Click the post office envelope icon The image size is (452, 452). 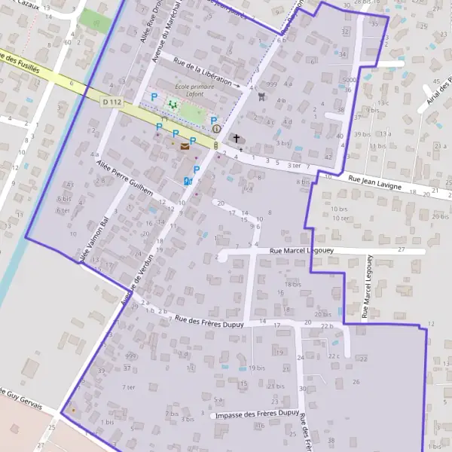click(185, 147)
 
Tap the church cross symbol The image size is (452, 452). click(237, 139)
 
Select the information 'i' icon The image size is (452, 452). click(216, 129)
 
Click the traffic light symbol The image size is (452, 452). click(216, 145)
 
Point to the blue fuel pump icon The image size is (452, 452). click(187, 181)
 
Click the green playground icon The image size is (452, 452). click(173, 105)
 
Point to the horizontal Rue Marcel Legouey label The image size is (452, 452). click(305, 250)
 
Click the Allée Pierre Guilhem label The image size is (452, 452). click(124, 178)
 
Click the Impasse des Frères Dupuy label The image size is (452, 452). click(256, 414)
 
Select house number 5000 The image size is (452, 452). click(348, 80)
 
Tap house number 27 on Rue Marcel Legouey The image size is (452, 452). click(401, 249)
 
